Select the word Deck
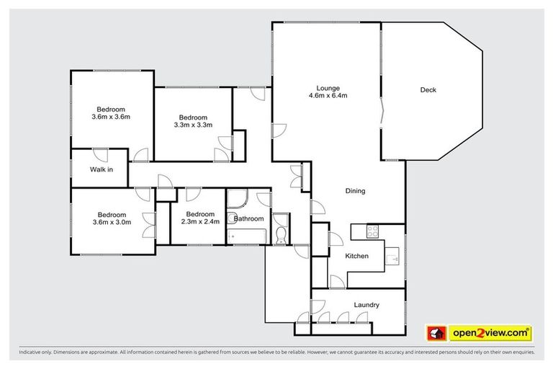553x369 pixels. (x=428, y=90)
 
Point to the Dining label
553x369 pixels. (x=355, y=192)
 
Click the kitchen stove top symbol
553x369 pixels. (x=373, y=232)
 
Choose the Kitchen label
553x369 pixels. (x=356, y=257)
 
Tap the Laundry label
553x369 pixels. (x=367, y=305)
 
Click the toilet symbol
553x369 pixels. (x=280, y=231)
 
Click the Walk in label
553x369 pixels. (x=101, y=170)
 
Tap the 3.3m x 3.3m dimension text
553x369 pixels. (x=193, y=125)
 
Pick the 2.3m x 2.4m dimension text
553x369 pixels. (x=199, y=222)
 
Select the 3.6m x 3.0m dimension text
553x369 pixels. (x=112, y=222)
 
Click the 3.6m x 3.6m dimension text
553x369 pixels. (x=111, y=116)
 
